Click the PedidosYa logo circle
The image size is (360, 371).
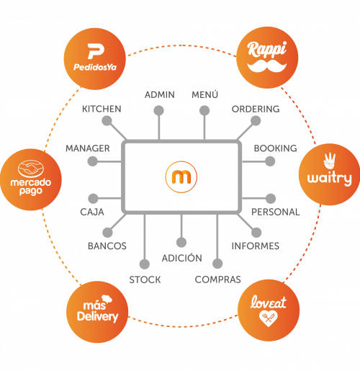tap(95, 59)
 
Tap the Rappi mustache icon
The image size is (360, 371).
tap(267, 66)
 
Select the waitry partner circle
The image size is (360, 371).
tap(329, 174)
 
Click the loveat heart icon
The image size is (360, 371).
tap(269, 318)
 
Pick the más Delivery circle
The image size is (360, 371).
tap(97, 312)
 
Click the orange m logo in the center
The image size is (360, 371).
tap(181, 176)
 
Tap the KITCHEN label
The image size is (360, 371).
tap(102, 109)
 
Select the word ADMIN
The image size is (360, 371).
tap(160, 95)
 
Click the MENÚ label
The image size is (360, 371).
tap(204, 94)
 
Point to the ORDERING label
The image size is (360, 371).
tap(256, 109)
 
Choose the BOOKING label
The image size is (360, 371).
tap(275, 148)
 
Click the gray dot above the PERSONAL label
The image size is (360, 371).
tap(271, 198)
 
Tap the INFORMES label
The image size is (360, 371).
tap(256, 246)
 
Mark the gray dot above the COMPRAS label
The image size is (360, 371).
tap(217, 264)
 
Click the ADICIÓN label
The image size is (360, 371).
tap(182, 258)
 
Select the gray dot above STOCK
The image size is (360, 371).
tap(145, 264)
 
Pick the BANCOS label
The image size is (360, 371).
tap(107, 246)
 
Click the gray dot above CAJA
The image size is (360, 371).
tap(93, 199)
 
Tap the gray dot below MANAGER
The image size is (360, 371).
tap(93, 161)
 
